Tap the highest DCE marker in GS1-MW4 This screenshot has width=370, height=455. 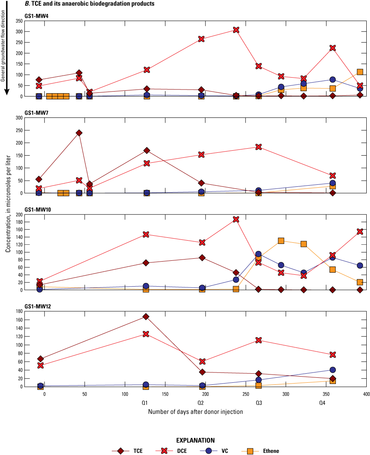point(236,30)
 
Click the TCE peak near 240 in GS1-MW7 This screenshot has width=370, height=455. point(79,133)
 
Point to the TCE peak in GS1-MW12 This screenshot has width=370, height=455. point(146,317)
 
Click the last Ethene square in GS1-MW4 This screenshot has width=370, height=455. point(360,72)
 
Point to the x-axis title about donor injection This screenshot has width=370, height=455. point(195,411)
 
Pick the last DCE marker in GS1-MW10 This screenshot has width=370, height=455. point(360,232)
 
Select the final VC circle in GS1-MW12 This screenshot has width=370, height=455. point(332,370)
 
